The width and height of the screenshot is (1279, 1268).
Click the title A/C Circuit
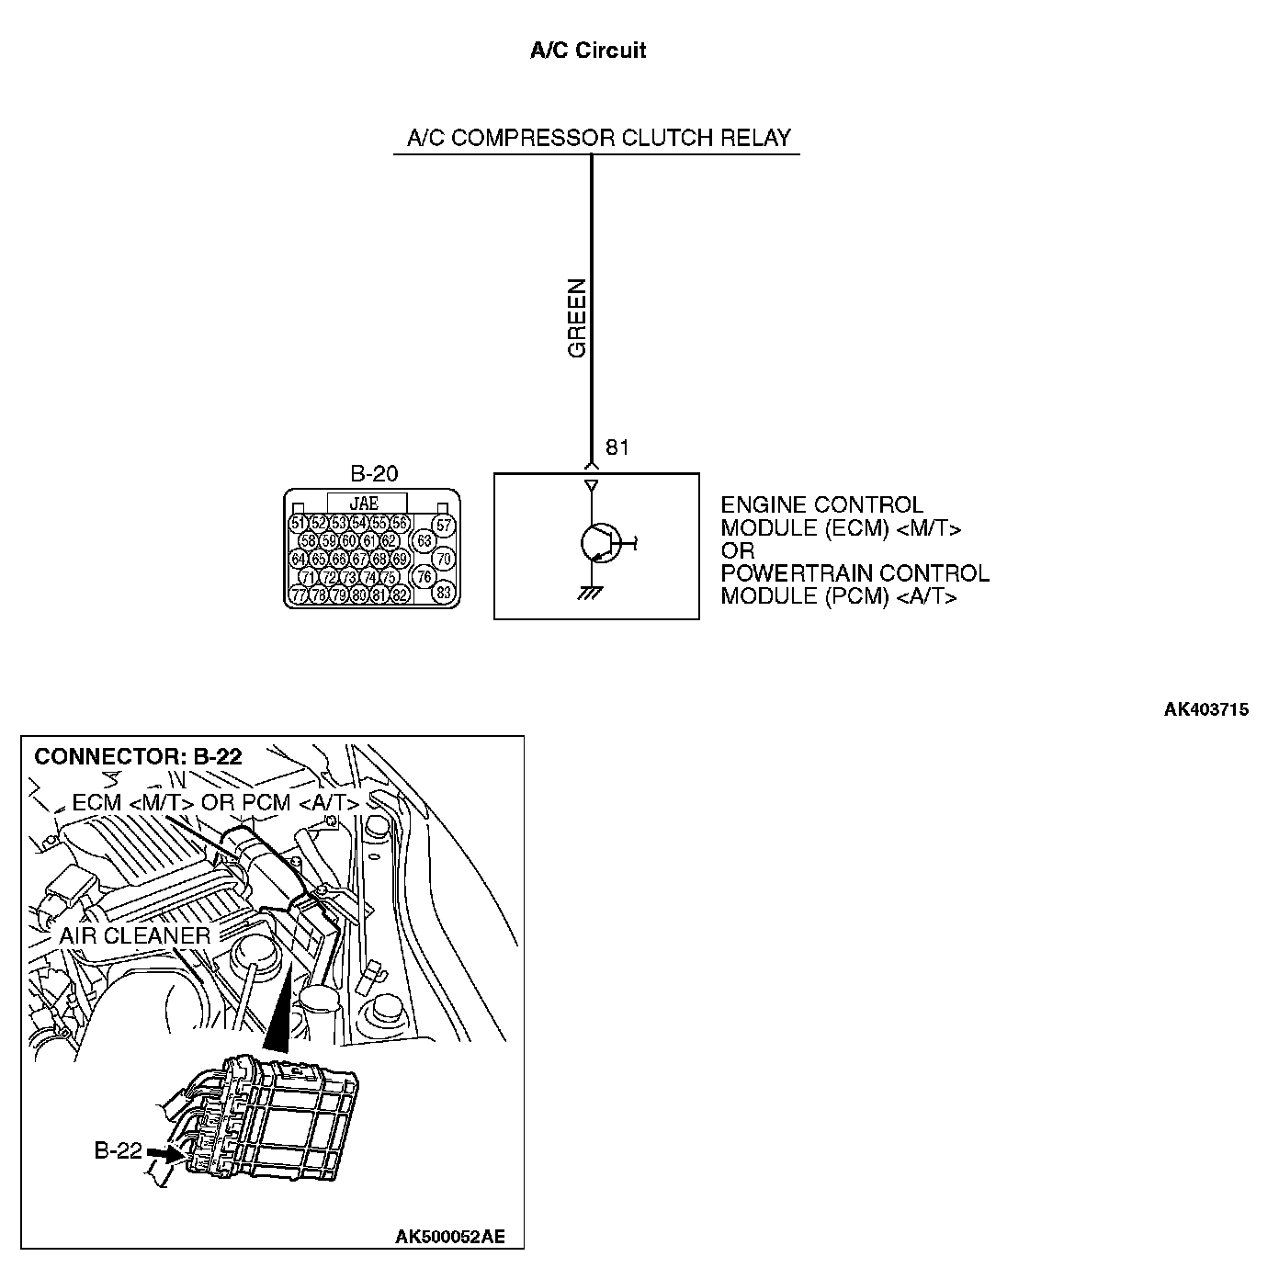587,51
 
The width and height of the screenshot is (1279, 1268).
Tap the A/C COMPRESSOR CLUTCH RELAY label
598,139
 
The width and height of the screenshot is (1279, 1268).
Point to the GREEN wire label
577,318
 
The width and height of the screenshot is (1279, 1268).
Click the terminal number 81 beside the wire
617,447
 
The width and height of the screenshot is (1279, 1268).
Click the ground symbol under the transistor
589,593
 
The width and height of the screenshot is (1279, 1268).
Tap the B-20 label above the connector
374,474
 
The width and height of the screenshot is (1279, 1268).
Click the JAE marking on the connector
365,504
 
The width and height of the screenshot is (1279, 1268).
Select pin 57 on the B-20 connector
444,526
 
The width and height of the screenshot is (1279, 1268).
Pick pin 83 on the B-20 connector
444,593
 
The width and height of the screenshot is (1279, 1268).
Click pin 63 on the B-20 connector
424,541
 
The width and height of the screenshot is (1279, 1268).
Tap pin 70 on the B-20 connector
444,559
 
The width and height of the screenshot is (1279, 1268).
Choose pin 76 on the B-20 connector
424,577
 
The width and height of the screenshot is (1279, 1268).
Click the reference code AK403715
1205,709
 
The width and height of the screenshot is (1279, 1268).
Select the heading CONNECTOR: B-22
138,756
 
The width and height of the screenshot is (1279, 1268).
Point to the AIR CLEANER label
135,935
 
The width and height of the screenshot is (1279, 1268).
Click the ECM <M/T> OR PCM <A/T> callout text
215,802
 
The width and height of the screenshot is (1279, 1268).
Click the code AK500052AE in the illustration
449,1237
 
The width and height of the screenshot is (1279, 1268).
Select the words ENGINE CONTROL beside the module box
821,505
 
